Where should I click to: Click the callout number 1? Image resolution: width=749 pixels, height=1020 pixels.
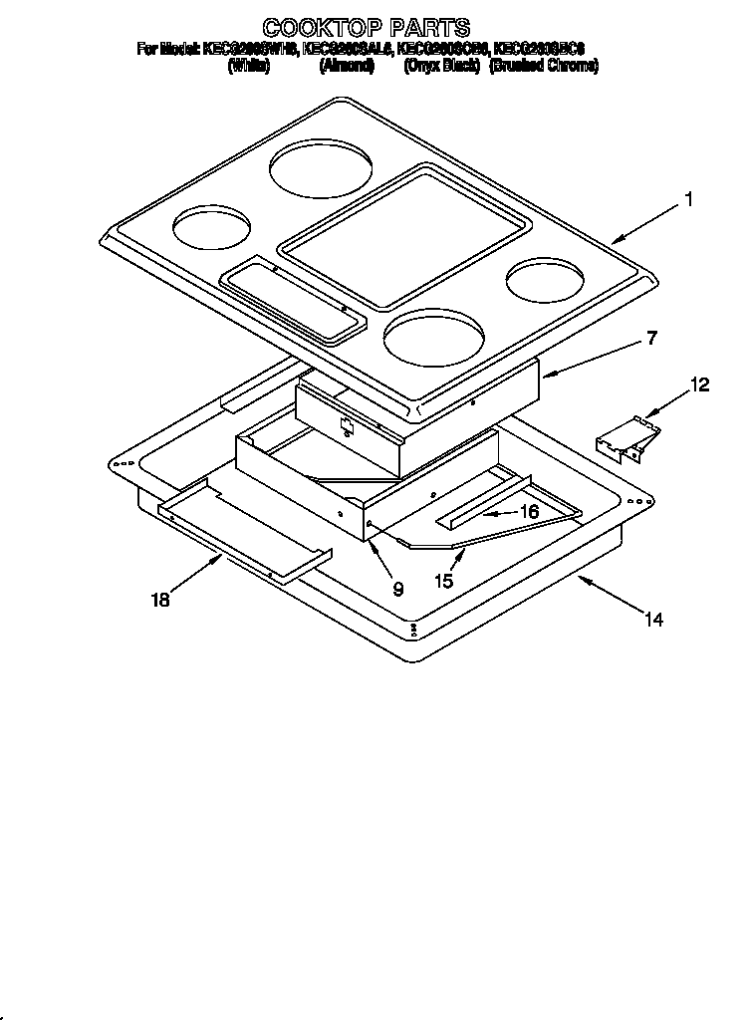click(687, 200)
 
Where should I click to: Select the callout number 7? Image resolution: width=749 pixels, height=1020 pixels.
click(651, 338)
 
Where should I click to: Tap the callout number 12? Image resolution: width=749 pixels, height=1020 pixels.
click(701, 384)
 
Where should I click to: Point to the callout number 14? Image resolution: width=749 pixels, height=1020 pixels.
click(652, 620)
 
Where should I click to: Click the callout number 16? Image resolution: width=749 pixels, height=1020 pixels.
click(529, 510)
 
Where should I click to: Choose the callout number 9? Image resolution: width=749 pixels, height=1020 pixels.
click(397, 589)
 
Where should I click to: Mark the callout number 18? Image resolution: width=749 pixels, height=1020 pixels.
click(160, 600)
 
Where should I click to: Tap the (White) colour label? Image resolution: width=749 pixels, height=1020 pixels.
click(249, 67)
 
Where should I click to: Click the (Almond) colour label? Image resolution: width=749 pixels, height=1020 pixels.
click(346, 67)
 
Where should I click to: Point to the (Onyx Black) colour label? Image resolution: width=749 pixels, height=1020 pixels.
click(442, 67)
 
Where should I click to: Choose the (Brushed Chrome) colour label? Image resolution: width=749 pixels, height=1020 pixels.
click(544, 67)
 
